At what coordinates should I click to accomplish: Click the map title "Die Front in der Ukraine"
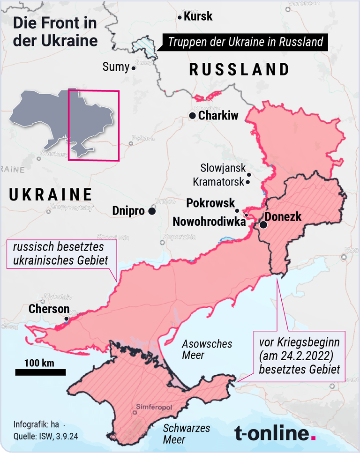coord(55,31)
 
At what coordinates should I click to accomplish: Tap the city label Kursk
coord(198,17)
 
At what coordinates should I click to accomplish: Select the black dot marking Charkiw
coord(192,115)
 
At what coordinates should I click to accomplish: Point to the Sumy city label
coord(115,67)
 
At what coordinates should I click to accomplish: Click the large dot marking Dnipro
coord(152,211)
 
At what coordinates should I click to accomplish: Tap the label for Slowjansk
coord(223,168)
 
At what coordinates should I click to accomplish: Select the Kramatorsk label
coord(218,181)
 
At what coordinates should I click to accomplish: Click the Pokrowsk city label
coord(210,203)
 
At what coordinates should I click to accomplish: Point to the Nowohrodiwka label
coord(209,222)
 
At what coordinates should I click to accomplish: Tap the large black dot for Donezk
coord(263,225)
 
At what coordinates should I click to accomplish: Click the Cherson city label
coord(49,309)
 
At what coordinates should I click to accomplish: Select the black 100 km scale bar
coord(40,372)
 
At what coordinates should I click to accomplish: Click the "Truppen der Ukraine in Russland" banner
coord(245,42)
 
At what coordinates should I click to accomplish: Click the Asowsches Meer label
coord(207,349)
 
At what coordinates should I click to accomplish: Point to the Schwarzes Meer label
coord(186,434)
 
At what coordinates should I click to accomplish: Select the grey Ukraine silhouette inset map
coord(61,117)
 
